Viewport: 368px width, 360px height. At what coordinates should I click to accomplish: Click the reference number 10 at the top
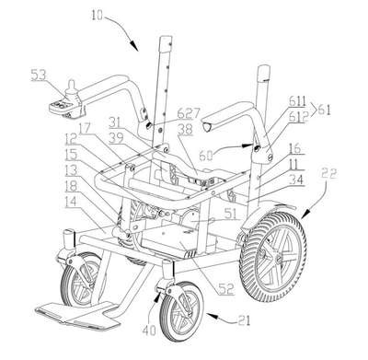(98, 15)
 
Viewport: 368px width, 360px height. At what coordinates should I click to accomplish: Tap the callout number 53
(40, 75)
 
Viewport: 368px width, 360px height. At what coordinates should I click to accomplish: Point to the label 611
(297, 101)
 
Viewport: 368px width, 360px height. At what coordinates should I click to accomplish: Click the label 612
(298, 117)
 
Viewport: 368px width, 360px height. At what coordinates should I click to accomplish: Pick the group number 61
(324, 110)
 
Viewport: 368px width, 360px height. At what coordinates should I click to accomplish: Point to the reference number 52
(225, 288)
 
